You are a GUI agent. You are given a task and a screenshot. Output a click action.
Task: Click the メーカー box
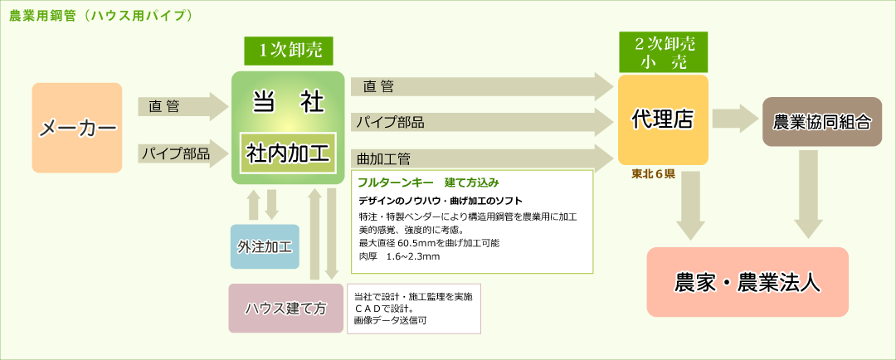(77, 128)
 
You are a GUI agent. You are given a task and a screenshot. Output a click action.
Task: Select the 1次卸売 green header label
(288, 51)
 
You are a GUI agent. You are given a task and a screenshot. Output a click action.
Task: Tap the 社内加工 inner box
(288, 153)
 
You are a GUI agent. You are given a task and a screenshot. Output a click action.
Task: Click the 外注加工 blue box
(265, 247)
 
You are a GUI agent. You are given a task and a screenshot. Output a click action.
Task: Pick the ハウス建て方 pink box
(286, 309)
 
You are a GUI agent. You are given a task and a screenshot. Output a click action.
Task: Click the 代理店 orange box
(663, 120)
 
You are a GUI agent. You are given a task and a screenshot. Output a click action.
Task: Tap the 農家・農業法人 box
(747, 282)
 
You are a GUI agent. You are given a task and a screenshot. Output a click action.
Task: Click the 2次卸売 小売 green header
(664, 52)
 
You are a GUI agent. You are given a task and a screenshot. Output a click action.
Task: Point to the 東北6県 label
(653, 175)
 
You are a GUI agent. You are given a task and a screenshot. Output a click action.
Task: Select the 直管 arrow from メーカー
(183, 106)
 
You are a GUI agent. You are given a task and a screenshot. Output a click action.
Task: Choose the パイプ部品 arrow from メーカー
(183, 153)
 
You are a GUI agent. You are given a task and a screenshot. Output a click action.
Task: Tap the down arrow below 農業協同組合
(808, 194)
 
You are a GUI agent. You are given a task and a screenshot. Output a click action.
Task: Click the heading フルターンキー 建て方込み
(429, 182)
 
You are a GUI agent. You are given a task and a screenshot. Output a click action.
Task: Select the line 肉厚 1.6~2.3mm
(399, 256)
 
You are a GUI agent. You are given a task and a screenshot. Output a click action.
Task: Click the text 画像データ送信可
(391, 320)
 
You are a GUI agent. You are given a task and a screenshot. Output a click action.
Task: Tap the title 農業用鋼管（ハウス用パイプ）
(100, 16)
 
